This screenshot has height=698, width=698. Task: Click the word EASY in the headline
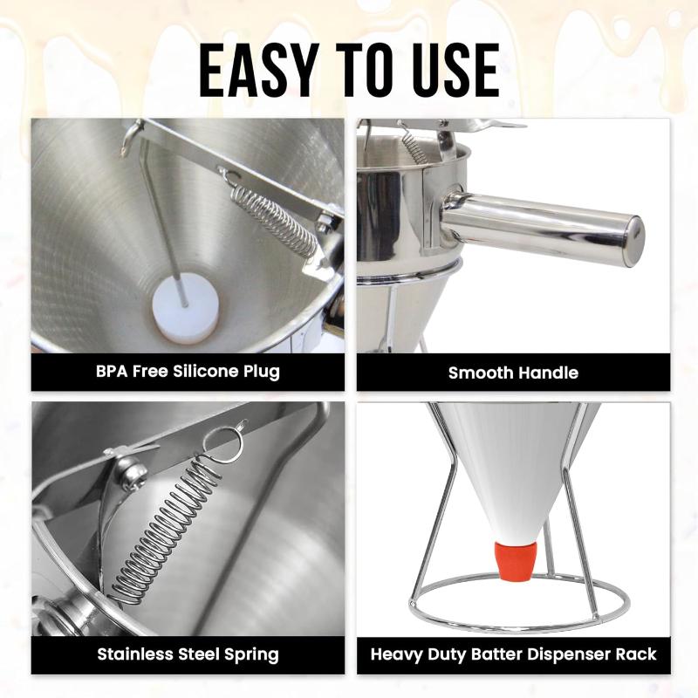pyautogui.click(x=258, y=71)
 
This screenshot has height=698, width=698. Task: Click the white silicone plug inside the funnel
pyautogui.click(x=186, y=307)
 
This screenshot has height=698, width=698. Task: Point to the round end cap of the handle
pyautogui.click(x=633, y=241)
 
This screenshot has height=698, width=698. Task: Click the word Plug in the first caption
pyautogui.click(x=261, y=373)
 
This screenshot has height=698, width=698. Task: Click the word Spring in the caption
pyautogui.click(x=251, y=655)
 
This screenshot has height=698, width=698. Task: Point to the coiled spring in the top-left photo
pyautogui.click(x=275, y=222)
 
